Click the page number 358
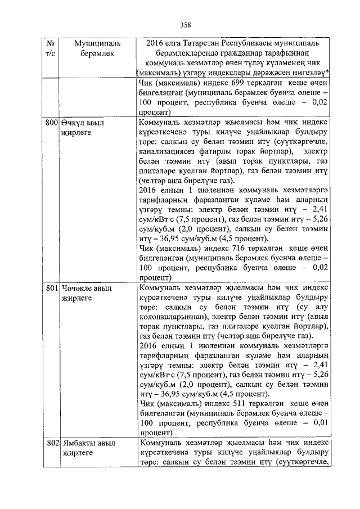click(186, 24)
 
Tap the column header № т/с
click(51, 48)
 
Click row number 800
click(52, 121)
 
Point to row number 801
click(52, 288)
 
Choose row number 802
click(52, 444)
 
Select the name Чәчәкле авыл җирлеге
click(87, 293)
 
